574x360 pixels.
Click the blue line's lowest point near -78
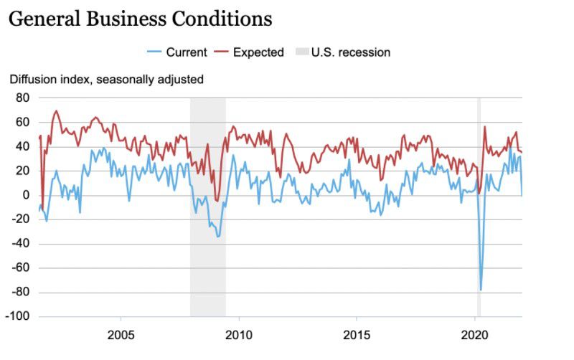tap(481, 290)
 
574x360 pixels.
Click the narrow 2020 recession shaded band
tap(479, 215)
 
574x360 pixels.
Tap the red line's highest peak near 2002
tap(56, 111)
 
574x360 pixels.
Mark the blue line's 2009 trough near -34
tap(218, 237)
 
